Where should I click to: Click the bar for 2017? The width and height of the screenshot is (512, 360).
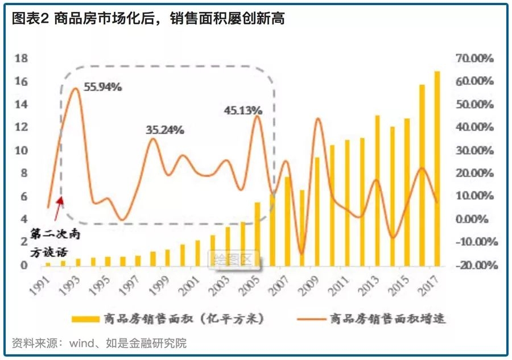point(437,169)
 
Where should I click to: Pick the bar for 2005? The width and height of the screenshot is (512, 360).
point(257,234)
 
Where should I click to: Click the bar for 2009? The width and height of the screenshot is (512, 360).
point(317,211)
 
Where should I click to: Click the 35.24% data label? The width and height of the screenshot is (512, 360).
point(164,130)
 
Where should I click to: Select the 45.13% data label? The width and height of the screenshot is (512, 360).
point(243,110)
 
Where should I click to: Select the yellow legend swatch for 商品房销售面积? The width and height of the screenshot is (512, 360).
point(85,318)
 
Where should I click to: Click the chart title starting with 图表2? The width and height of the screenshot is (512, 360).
point(148,19)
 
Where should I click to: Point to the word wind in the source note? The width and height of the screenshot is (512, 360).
point(81,343)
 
